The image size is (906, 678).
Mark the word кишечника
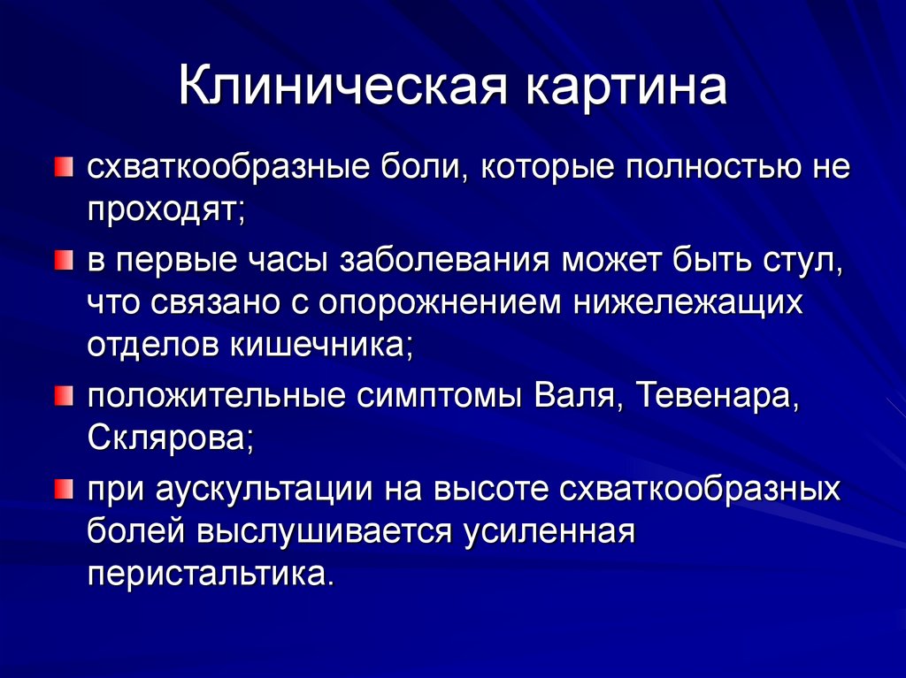tap(321, 345)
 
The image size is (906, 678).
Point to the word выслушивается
tap(323, 532)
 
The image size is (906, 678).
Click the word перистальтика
tap(210, 575)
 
